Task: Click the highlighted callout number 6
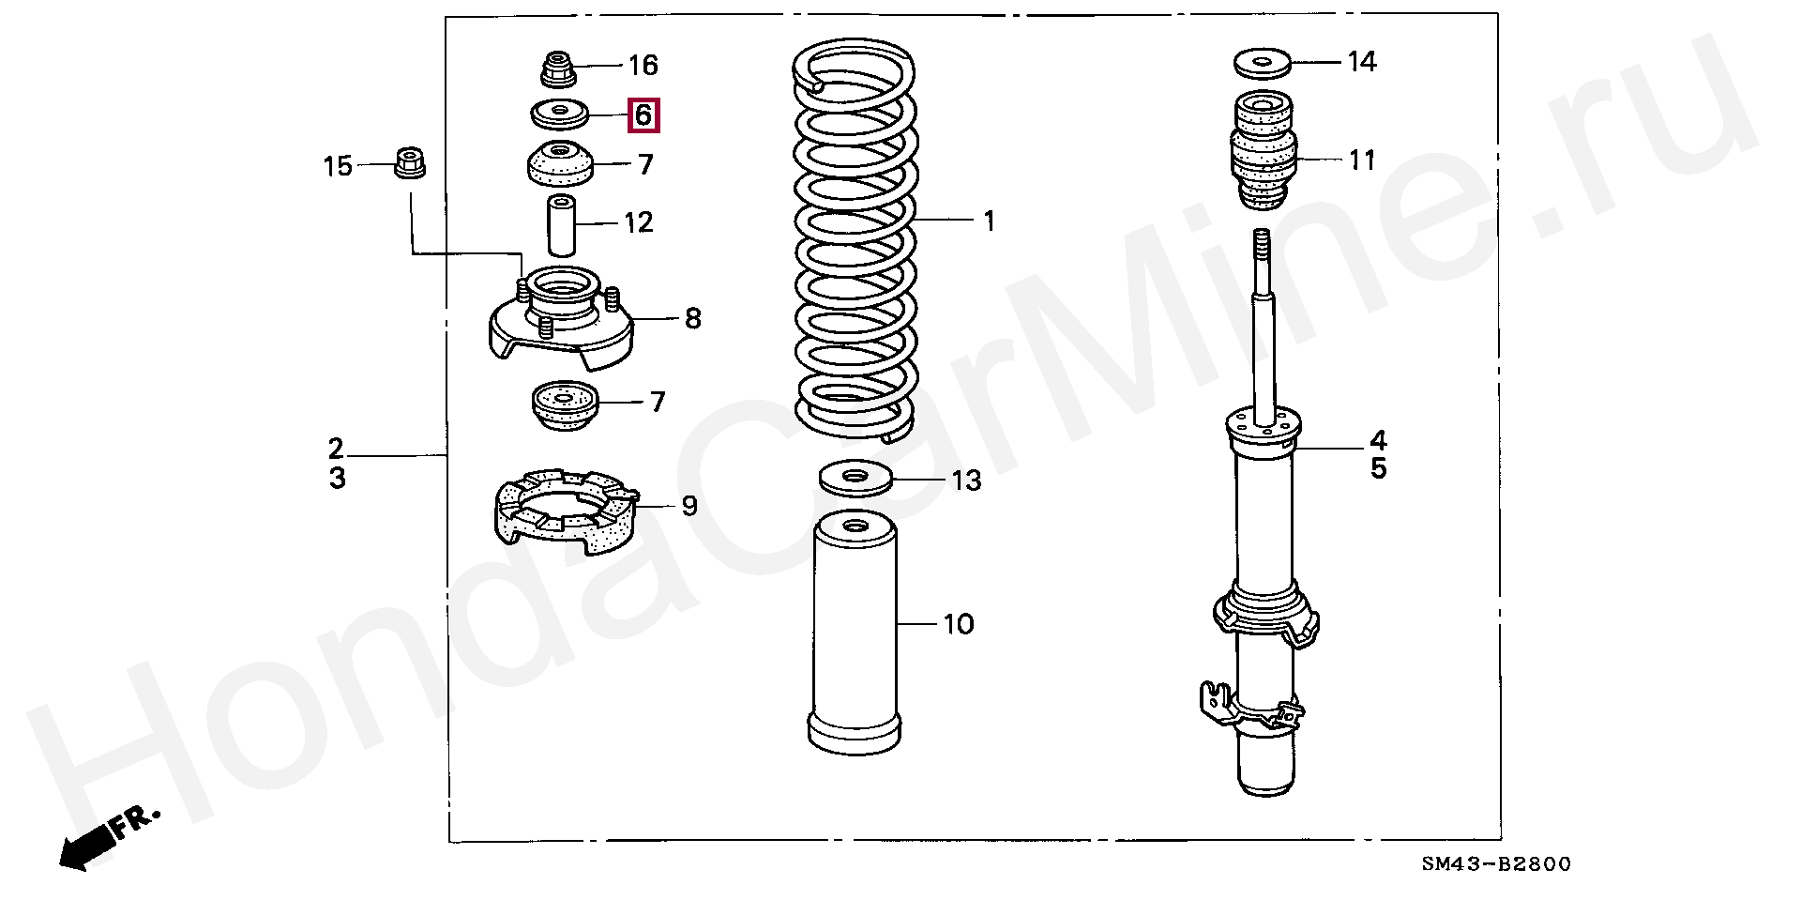pos(643,115)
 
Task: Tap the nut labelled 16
pos(559,69)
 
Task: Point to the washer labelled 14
pos(1262,64)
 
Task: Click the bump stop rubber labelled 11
pos(1262,155)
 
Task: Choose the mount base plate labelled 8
pos(561,319)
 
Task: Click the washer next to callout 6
pos(560,114)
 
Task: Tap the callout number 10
pos(958,623)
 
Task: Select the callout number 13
pos(965,481)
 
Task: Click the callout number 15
pos(338,167)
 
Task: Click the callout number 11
pos(1362,160)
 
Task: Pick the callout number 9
pos(689,506)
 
